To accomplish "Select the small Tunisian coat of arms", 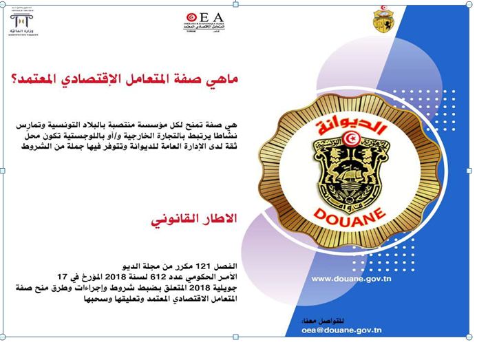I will [x=383, y=20].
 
